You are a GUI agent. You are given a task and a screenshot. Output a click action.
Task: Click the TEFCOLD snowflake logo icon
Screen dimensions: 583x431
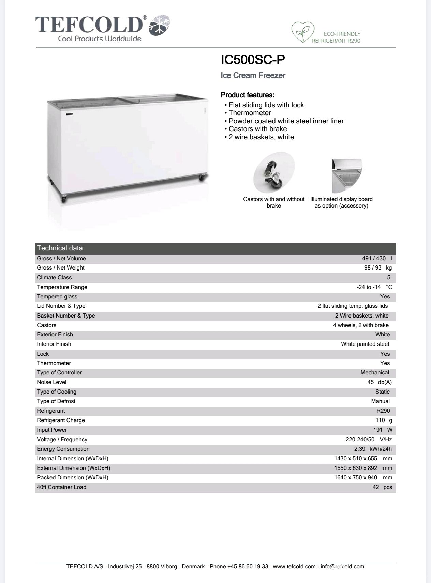(160, 26)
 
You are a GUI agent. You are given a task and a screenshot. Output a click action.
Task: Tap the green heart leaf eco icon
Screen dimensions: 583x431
(302, 32)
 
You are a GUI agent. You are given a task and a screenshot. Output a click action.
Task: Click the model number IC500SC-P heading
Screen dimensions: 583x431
(253, 60)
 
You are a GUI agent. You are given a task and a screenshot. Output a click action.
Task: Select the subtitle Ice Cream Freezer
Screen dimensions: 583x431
(253, 75)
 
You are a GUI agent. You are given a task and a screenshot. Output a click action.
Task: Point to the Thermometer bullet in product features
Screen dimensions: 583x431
(250, 113)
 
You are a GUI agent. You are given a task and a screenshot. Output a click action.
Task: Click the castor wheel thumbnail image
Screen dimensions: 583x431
(273, 173)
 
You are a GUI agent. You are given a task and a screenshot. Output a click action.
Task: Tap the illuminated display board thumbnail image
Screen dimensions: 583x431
(346, 176)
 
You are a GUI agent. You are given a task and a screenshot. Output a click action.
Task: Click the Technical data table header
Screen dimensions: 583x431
(60, 248)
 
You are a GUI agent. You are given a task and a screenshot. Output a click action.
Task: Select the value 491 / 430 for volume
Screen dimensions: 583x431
(374, 258)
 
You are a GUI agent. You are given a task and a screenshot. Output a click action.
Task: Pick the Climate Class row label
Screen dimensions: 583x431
(54, 277)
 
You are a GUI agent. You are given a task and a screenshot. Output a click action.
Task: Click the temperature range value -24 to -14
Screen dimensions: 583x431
(369, 287)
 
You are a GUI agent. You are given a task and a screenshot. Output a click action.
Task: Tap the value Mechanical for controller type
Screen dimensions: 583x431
(375, 372)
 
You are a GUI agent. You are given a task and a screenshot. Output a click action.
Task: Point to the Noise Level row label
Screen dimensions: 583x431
(51, 382)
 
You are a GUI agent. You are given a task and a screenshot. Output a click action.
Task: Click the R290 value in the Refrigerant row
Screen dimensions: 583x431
(383, 411)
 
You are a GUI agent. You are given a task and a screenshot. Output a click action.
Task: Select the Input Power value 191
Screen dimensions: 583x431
(378, 430)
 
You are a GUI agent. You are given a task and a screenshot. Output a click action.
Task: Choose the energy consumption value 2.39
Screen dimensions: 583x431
(360, 449)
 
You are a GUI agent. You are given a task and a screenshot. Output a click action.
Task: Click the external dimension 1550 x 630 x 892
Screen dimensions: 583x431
(356, 468)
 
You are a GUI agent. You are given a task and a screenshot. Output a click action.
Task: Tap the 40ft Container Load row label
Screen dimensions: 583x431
(61, 487)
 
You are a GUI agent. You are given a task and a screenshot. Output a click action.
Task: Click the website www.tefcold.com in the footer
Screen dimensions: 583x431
(294, 566)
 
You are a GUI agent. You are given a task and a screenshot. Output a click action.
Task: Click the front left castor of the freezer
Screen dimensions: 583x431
(64, 199)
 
